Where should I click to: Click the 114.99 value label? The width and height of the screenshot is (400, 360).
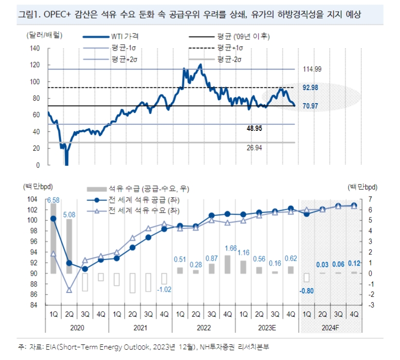point(311,69)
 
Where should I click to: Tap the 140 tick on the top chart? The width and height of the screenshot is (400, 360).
point(35,48)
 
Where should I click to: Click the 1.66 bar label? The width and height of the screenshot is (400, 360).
point(227,249)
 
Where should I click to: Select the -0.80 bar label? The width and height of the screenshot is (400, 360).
point(306,291)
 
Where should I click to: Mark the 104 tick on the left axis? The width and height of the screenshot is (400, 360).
point(33,199)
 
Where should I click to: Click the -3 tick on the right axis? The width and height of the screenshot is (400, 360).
point(371,305)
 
